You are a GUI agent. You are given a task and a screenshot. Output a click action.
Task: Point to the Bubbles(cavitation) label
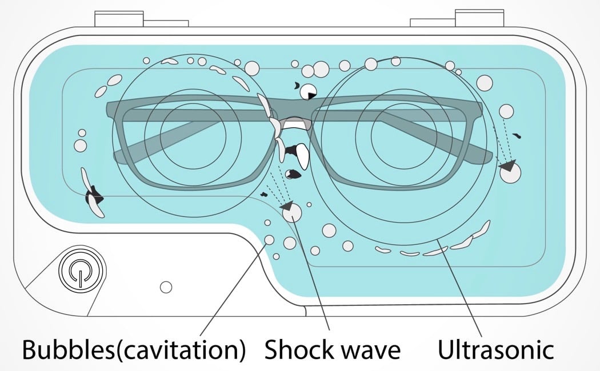134,349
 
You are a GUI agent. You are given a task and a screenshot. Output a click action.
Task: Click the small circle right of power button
166,287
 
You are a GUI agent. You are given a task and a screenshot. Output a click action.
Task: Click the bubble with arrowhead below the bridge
292,211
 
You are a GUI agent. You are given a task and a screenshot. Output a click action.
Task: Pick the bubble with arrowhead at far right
510,172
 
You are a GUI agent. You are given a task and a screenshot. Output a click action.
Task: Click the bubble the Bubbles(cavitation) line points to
269,240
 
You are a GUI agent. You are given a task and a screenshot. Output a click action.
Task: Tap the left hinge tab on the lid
118,19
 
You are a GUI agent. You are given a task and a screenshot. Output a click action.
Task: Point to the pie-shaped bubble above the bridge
309,91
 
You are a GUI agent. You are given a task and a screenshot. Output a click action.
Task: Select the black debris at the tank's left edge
93,197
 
